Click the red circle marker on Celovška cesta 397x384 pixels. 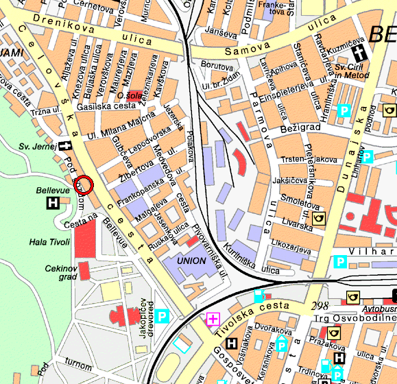[x=83, y=184]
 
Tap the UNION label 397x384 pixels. [x=191, y=261]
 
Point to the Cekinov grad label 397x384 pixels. [x=58, y=272]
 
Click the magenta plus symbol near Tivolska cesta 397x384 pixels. [x=213, y=318]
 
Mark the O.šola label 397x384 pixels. [x=129, y=95]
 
